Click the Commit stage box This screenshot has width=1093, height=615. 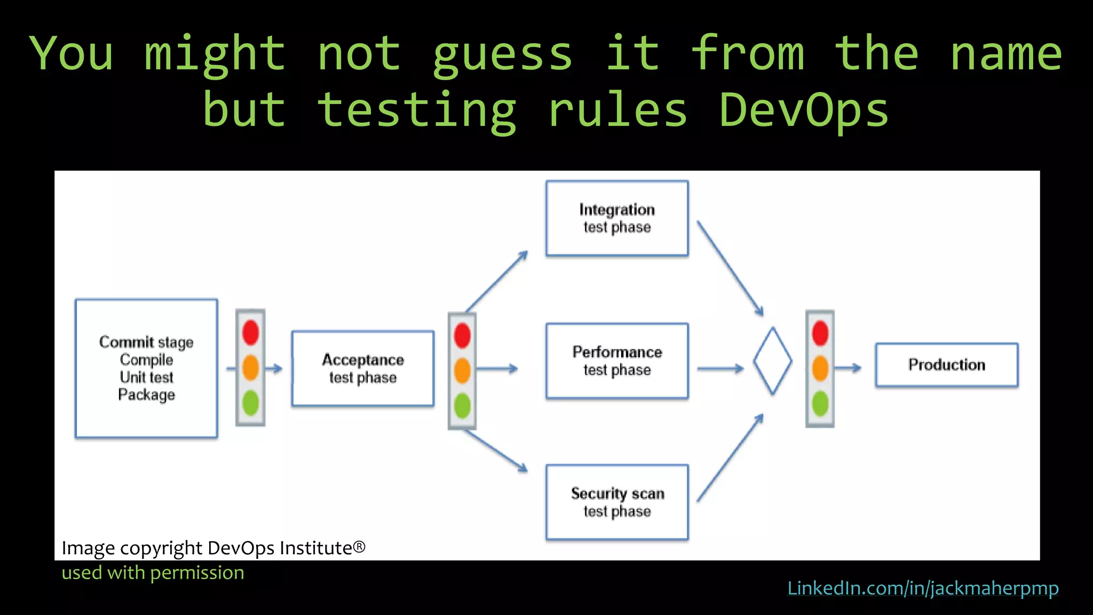pyautogui.click(x=146, y=368)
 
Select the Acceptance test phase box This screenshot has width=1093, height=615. pyautogui.click(x=363, y=368)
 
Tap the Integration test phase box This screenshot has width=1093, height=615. pyautogui.click(x=617, y=218)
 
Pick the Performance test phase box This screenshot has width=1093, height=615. pyautogui.click(x=617, y=361)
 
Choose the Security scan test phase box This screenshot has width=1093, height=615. pyautogui.click(x=617, y=502)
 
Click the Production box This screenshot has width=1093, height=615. pyautogui.click(x=947, y=365)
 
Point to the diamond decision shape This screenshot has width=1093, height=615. pyautogui.click(x=773, y=361)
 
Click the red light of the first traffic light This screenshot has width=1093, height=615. pyautogui.click(x=251, y=332)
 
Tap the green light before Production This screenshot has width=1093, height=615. pyautogui.click(x=820, y=404)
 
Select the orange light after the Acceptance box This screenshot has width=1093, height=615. pyautogui.click(x=462, y=370)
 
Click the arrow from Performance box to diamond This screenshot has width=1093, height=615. pyautogui.click(x=720, y=368)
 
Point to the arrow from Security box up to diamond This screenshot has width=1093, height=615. pyautogui.click(x=730, y=458)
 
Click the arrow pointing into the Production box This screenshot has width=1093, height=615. pyautogui.click(x=849, y=368)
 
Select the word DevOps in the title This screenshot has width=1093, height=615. pyautogui.click(x=804, y=110)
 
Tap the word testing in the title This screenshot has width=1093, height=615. pyautogui.click(x=417, y=110)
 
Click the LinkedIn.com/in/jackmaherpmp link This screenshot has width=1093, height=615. pyautogui.click(x=923, y=588)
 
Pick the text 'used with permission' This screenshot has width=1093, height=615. pyautogui.click(x=153, y=573)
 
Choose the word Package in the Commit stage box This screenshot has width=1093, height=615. pyautogui.click(x=147, y=395)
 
